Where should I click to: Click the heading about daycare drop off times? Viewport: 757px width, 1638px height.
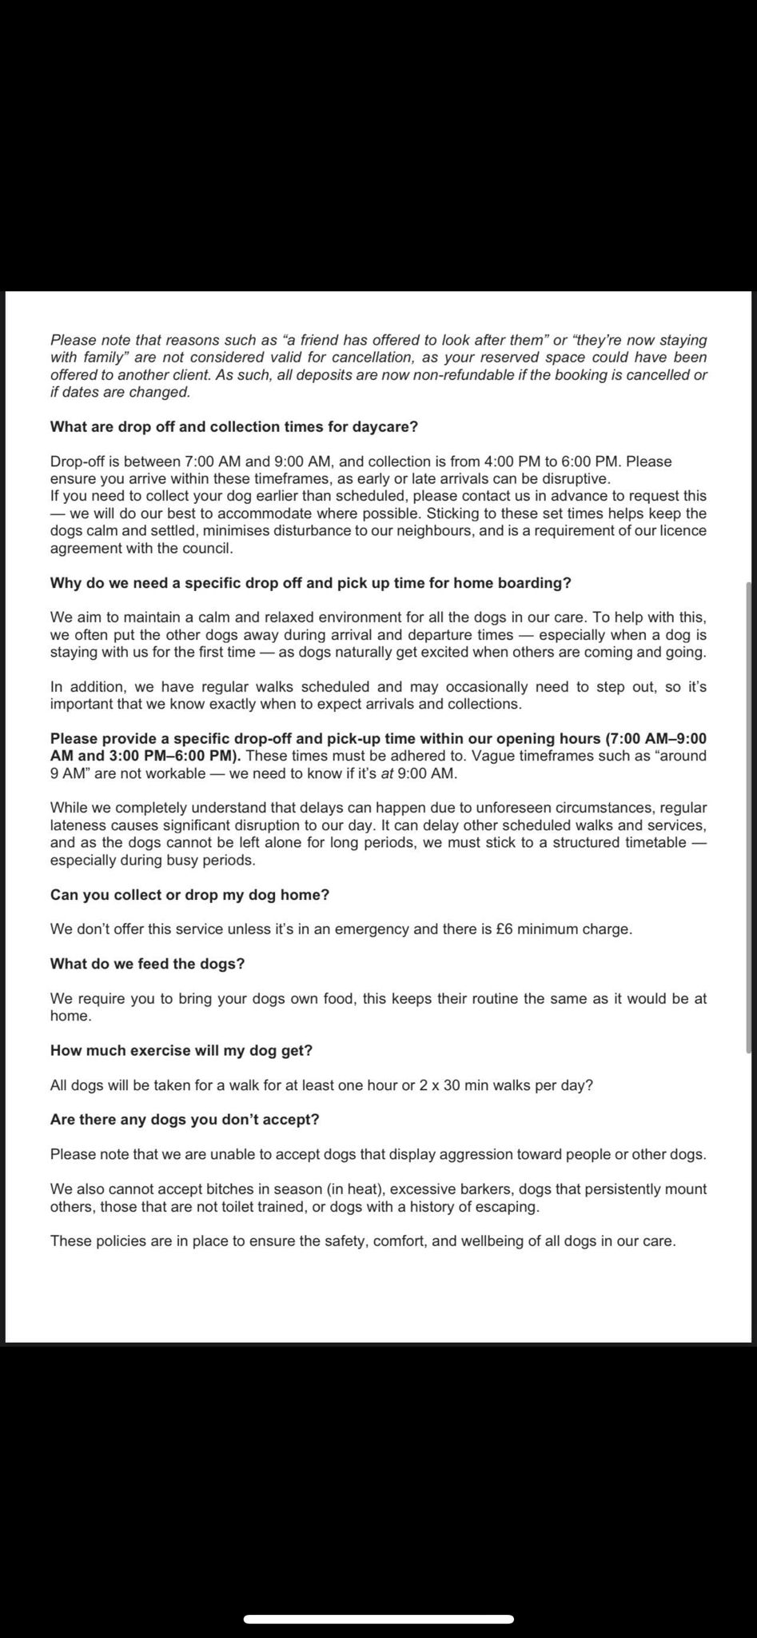tap(233, 427)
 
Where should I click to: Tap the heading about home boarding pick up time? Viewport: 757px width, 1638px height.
tap(310, 583)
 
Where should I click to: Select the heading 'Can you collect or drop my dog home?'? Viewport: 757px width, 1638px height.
tap(189, 895)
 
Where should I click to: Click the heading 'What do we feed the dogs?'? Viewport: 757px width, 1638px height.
tap(147, 964)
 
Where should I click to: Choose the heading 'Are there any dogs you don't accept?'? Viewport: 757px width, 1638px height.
tap(184, 1120)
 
